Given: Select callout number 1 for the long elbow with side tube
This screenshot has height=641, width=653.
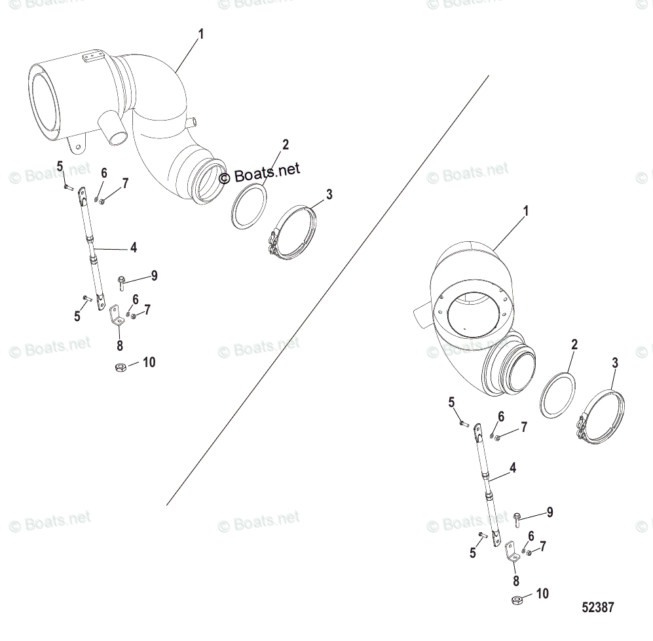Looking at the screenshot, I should pos(200,33).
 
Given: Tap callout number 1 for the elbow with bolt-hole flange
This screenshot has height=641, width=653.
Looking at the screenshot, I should pos(525,212).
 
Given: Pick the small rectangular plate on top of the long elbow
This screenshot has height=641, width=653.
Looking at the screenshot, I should pos(91,58).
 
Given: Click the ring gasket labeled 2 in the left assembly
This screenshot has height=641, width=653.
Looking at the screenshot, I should pos(249,206).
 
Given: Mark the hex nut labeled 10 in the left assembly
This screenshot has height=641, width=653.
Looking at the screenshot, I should pos(120,367).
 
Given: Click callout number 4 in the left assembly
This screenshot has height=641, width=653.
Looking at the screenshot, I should pos(134,248).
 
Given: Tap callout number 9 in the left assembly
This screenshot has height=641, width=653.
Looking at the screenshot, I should pos(154,275).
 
